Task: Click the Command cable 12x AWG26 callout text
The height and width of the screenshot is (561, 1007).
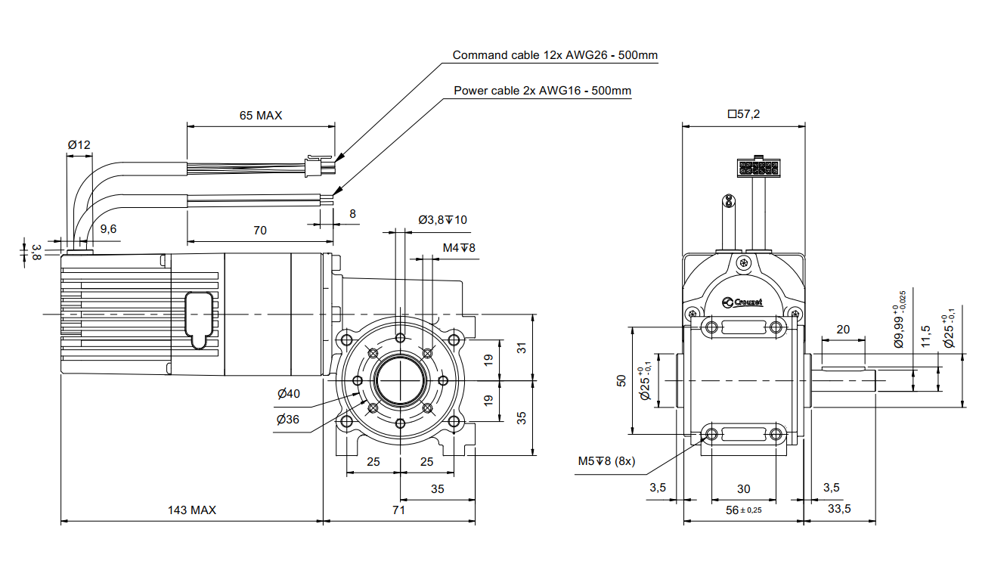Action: click(x=555, y=55)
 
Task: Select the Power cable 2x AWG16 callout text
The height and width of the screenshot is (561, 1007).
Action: click(x=542, y=91)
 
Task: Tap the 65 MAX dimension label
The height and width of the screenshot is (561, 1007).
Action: click(x=260, y=116)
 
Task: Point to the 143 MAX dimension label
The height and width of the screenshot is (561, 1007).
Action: click(x=192, y=510)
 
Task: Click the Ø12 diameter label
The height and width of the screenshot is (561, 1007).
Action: click(x=79, y=144)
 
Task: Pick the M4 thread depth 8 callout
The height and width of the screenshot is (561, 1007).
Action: click(x=459, y=247)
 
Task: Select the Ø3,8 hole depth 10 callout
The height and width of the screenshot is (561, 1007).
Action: click(x=443, y=220)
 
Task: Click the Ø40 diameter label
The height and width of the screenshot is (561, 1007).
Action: click(x=288, y=393)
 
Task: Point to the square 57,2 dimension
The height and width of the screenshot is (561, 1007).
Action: click(x=744, y=114)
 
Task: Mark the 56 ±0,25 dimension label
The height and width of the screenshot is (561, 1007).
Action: click(x=744, y=510)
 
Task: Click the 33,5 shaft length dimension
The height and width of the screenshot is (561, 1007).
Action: click(x=838, y=509)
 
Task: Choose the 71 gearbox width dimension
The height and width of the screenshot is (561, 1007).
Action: click(x=399, y=510)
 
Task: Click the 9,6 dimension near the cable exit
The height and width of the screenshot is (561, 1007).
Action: click(x=108, y=229)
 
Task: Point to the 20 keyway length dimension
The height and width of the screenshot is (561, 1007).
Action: click(x=843, y=329)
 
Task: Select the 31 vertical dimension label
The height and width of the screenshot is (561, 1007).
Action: click(x=521, y=348)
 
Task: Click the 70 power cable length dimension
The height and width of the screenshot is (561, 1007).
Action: click(x=259, y=231)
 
